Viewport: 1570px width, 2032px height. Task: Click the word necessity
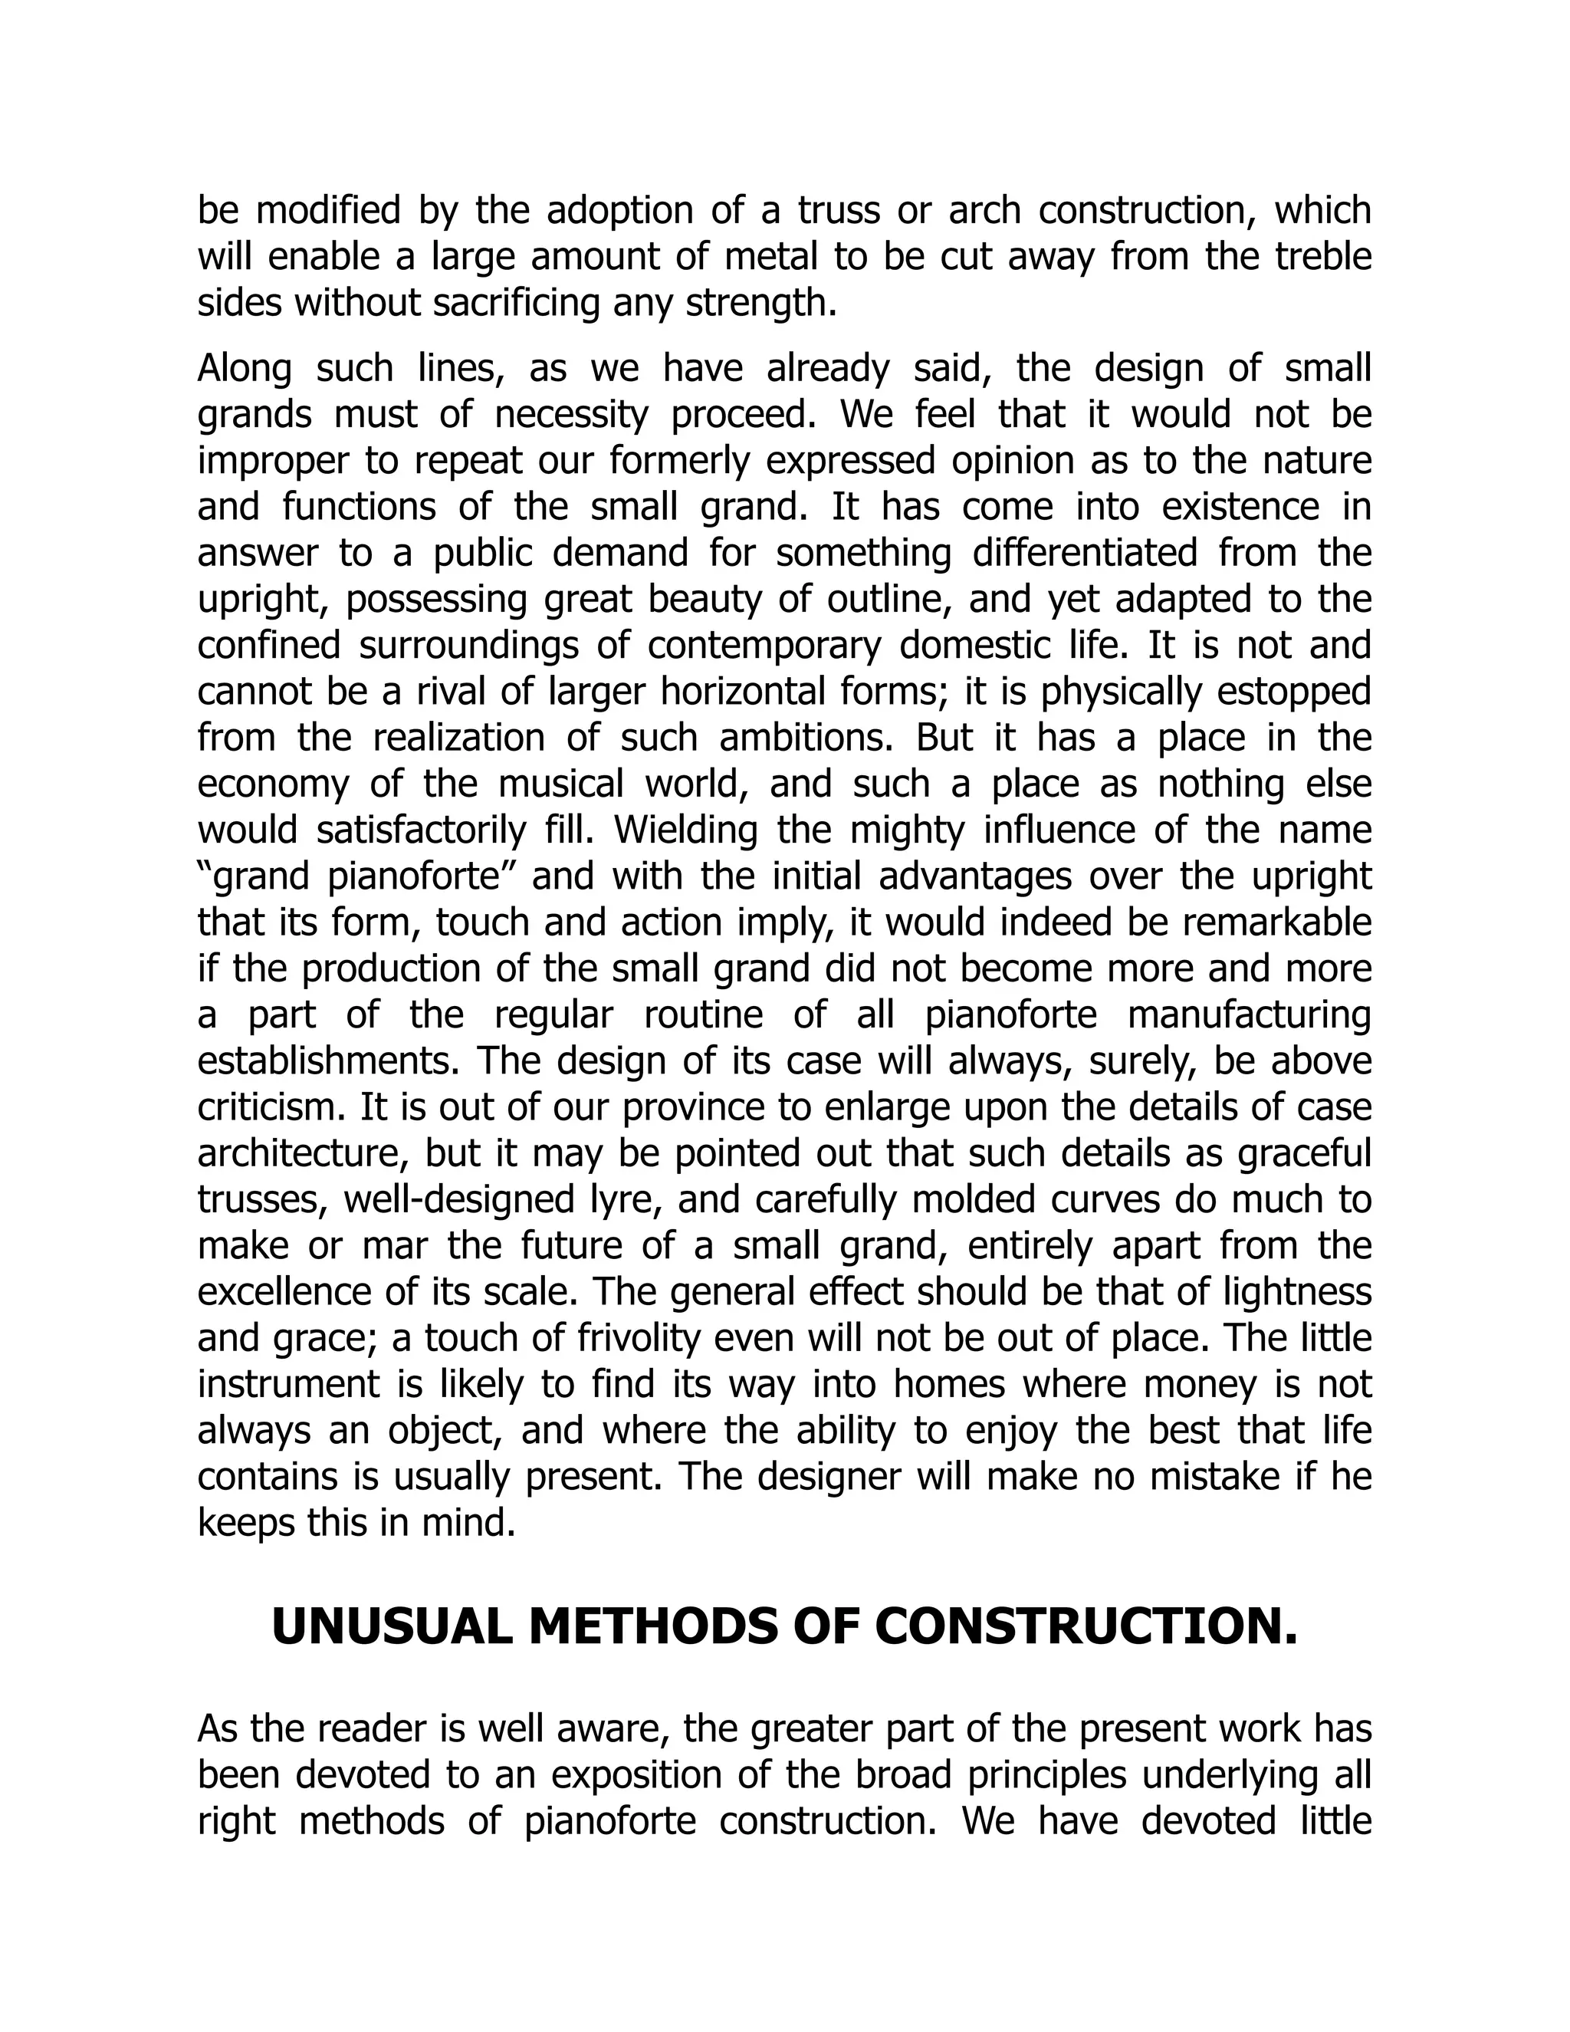(x=570, y=415)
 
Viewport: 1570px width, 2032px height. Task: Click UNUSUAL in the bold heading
(x=392, y=1627)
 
